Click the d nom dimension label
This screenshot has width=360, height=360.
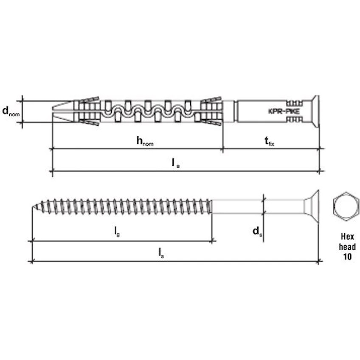coord(11,111)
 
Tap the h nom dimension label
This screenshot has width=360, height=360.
coord(145,141)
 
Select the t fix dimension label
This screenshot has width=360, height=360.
coord(270,141)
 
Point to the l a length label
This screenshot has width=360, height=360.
coord(176,163)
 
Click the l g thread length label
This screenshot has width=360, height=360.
coord(117,231)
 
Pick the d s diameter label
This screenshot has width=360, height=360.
coord(257,231)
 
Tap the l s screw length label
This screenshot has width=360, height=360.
coord(161,253)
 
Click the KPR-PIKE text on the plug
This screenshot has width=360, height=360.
coord(284,111)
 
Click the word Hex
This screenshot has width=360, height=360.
coord(347,236)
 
